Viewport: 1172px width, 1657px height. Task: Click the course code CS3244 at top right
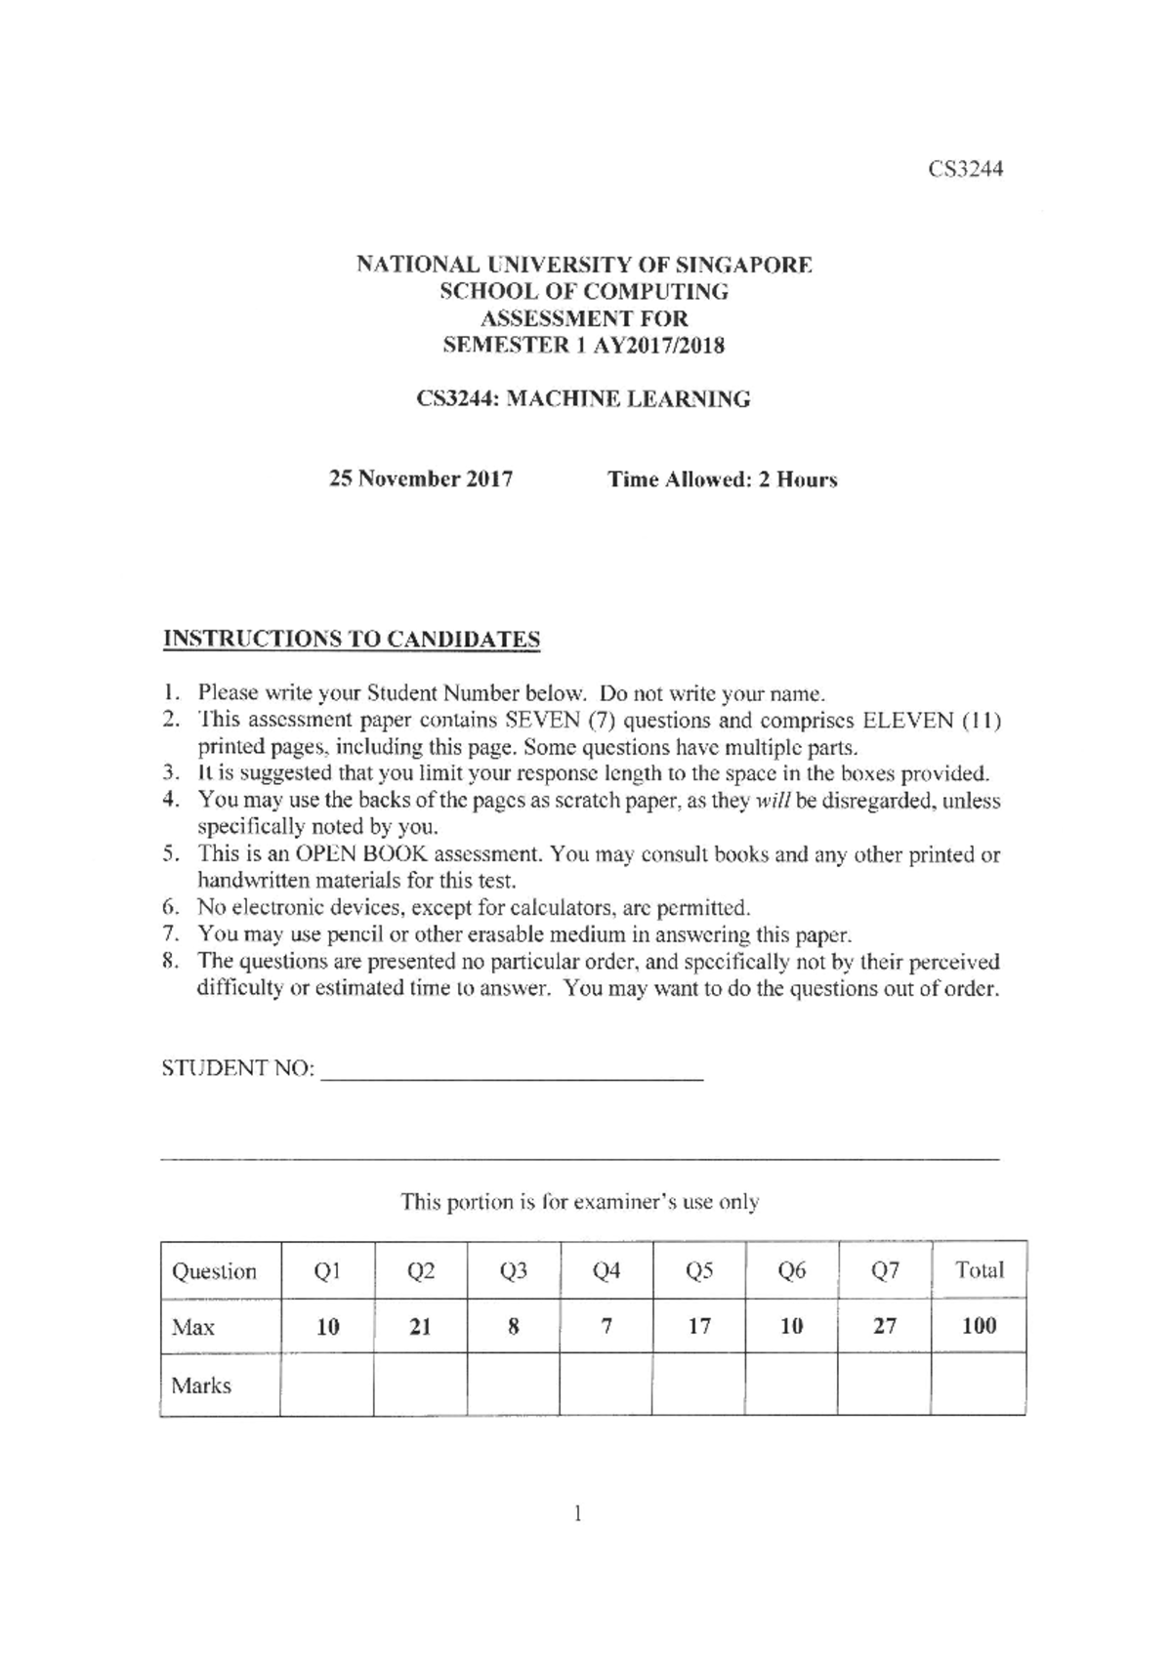965,169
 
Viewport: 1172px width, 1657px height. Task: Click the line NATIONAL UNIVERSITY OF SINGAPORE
583,265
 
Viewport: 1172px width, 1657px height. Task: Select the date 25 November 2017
421,478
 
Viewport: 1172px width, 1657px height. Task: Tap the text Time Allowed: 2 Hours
722,479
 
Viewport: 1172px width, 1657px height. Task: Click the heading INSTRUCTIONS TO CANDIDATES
351,640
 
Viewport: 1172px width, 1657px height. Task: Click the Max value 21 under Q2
420,1326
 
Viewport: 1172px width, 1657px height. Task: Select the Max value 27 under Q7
884,1326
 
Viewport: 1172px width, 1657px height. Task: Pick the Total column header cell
979,1269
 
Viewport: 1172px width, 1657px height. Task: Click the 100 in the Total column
979,1326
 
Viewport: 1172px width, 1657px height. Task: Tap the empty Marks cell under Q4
606,1385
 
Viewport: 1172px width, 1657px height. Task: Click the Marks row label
201,1386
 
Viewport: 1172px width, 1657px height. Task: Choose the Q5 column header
699,1270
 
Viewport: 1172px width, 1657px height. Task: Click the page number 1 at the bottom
578,1514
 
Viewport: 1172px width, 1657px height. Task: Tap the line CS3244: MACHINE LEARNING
583,399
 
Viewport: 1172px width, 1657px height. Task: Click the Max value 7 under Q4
606,1326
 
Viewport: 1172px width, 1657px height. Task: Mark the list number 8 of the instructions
170,961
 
